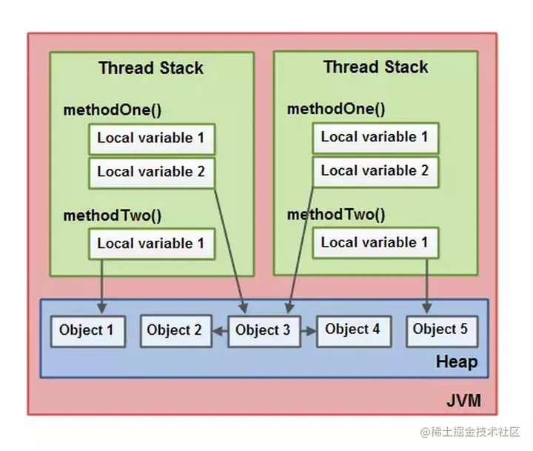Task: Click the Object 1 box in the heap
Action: [x=87, y=330]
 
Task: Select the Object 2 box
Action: [x=174, y=330]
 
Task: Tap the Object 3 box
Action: [x=263, y=330]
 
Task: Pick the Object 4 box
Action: [x=352, y=330]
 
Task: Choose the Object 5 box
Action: [x=440, y=330]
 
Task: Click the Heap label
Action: [x=456, y=362]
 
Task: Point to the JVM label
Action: [x=463, y=401]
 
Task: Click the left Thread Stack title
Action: [x=151, y=68]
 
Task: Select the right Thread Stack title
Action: [x=375, y=67]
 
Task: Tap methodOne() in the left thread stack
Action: [x=112, y=110]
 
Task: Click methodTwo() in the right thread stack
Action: [x=336, y=216]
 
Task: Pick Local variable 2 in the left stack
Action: [x=151, y=172]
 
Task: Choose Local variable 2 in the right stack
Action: [x=374, y=170]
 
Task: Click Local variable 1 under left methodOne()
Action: [x=151, y=138]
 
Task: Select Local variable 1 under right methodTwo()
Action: [x=374, y=242]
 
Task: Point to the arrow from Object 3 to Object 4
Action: [x=307, y=330]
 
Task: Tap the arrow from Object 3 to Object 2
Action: [x=218, y=331]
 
